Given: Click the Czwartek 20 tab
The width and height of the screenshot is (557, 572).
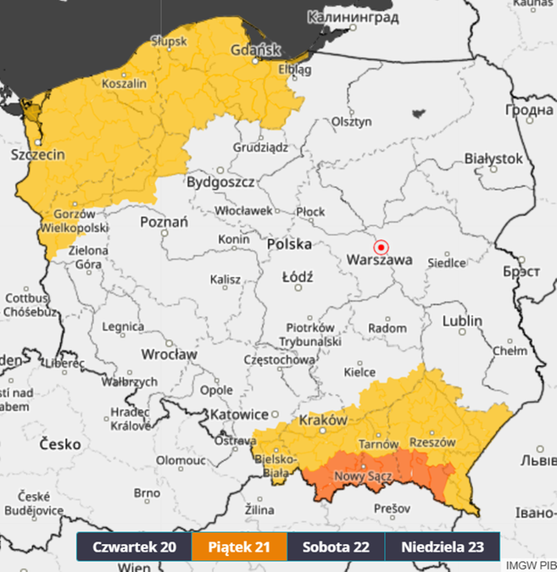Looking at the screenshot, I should click(134, 547).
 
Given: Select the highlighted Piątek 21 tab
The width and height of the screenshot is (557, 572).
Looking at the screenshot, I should click(239, 547).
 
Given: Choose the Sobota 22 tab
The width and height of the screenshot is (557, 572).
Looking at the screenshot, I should click(336, 547).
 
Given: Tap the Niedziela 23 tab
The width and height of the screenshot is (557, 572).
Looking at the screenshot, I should click(442, 547).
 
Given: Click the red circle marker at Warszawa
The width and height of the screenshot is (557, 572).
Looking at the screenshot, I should click(381, 247).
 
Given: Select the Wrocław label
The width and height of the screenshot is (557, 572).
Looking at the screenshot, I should click(170, 353).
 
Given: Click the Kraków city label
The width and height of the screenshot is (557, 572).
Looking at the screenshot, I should click(323, 420).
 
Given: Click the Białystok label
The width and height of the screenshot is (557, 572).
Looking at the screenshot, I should click(493, 158).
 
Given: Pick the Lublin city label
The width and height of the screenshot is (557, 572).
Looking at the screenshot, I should click(462, 321).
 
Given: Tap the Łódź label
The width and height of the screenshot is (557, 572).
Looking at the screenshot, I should click(298, 276).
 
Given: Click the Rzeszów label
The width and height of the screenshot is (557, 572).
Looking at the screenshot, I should click(432, 442).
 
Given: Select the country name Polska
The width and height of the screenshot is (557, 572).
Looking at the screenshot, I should click(289, 244).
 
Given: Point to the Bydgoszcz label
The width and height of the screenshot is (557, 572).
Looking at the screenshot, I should click(220, 182).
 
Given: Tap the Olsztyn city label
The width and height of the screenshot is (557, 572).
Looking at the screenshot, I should click(352, 121).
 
